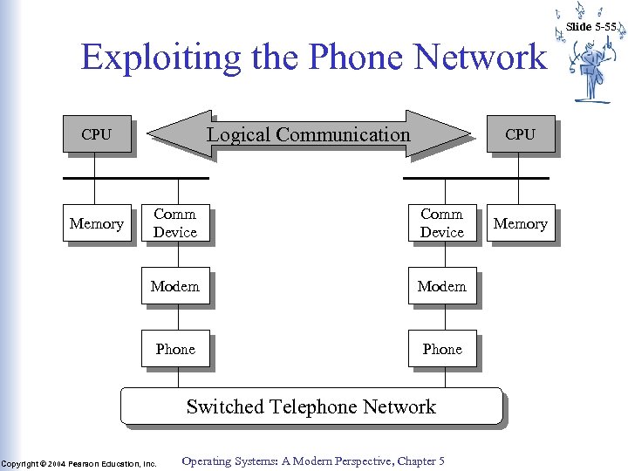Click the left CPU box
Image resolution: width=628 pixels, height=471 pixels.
coord(96,134)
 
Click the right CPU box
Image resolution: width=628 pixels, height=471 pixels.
coord(520,134)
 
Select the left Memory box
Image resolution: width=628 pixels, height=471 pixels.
coord(96,224)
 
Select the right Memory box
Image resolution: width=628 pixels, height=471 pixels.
coord(520,224)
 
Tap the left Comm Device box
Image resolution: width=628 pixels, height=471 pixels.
coord(175,223)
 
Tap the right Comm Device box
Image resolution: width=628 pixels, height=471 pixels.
coord(442,223)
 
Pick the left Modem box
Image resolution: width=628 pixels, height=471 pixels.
coord(175,286)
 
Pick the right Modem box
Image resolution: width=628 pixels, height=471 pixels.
coord(442,286)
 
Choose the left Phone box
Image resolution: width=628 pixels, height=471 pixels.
coord(175,349)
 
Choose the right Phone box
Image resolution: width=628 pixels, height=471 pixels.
coord(442,349)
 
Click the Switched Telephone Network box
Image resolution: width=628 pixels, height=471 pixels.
coord(311,406)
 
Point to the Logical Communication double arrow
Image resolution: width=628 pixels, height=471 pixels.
coord(309,134)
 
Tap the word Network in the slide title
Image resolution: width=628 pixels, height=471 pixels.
coord(481,58)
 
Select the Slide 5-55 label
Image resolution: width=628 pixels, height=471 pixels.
coord(590,27)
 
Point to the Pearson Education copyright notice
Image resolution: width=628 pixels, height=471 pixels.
coord(78,463)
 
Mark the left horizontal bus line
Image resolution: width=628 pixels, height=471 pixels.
coord(135,178)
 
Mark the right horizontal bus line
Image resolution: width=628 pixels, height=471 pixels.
coord(475,178)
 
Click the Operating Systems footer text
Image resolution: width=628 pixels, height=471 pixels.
coord(313,461)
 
